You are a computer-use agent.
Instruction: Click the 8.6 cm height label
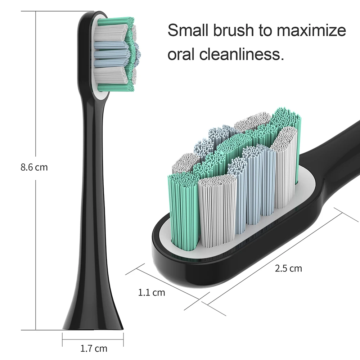click(34, 167)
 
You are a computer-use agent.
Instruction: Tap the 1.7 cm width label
click(93, 348)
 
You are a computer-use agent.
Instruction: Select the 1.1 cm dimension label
click(152, 292)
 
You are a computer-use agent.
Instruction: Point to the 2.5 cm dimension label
click(288, 268)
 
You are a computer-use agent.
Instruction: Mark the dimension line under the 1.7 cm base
click(93, 337)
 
